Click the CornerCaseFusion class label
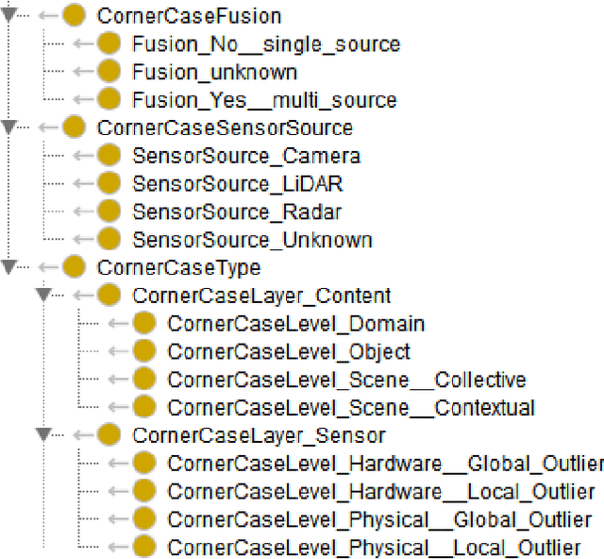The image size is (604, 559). point(189,15)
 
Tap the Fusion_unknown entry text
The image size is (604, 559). point(214,72)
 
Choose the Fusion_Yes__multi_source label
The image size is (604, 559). point(264,99)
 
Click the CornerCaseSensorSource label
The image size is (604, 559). point(225,127)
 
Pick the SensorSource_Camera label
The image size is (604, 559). point(245,156)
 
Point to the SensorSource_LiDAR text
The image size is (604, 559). point(239,183)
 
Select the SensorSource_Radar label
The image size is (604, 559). point(237,212)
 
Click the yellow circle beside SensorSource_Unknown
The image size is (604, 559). point(109,240)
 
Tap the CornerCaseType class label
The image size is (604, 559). point(165,267)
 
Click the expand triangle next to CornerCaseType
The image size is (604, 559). point(9,267)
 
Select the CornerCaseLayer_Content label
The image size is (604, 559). point(261,296)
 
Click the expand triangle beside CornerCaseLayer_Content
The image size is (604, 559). point(43,296)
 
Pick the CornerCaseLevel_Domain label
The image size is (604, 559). point(295,324)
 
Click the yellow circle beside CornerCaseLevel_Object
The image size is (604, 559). point(144,351)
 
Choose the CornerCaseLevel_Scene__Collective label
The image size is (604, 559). point(346,380)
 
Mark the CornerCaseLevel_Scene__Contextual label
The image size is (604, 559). point(351,408)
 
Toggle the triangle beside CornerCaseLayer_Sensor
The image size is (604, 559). point(43,435)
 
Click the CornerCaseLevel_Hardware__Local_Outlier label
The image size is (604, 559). point(381,491)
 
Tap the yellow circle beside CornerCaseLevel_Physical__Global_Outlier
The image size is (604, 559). point(144,519)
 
